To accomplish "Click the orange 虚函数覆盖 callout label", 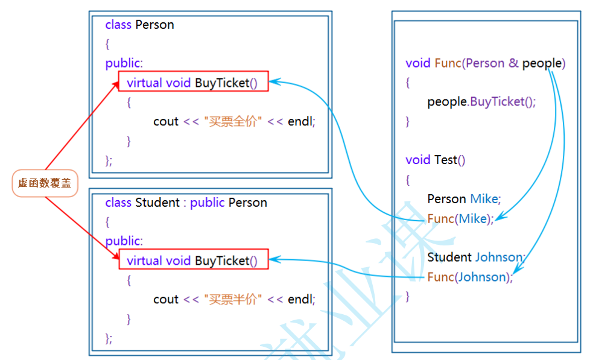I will [45, 183].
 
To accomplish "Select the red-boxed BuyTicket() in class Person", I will [193, 83].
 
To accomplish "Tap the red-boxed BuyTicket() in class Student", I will [193, 261].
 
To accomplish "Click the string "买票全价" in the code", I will [233, 121].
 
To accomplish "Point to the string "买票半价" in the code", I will [233, 299].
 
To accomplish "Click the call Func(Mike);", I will [460, 218].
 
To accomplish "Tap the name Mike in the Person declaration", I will [485, 199].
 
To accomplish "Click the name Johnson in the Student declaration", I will [500, 257].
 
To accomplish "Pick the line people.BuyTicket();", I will [481, 101].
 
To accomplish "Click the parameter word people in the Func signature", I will [542, 63].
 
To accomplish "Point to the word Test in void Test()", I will [445, 160].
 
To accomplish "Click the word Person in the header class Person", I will [154, 25].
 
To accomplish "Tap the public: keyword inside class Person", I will [124, 63].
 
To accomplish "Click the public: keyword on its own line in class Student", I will [124, 241].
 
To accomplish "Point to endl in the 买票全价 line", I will [301, 121].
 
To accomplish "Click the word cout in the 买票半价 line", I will [166, 299].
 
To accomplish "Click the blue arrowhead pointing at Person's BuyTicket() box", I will [274, 81].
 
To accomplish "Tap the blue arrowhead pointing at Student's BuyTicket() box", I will [274, 259].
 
